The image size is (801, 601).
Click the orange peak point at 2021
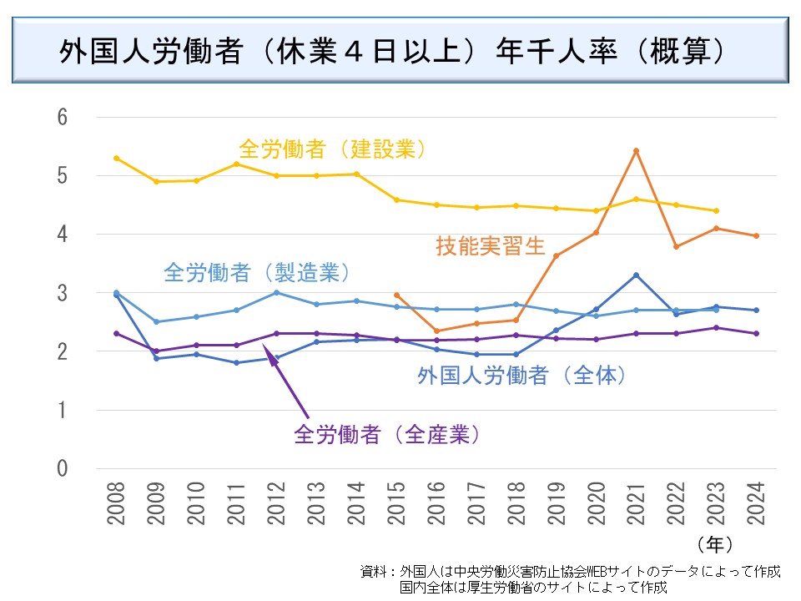(x=636, y=151)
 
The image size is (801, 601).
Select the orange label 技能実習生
(x=490, y=246)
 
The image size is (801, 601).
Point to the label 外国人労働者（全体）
(x=521, y=375)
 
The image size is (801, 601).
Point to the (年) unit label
(x=715, y=544)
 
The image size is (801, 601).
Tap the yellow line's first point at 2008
(x=116, y=158)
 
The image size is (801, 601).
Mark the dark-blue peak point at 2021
(x=636, y=275)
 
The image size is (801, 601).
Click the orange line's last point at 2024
(x=756, y=236)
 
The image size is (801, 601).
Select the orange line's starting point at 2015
(x=396, y=295)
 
